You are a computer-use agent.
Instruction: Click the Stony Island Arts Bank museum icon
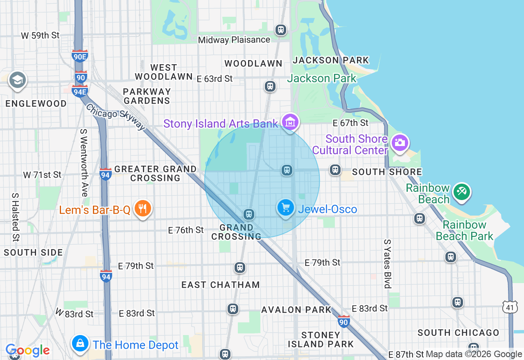[x=290, y=122]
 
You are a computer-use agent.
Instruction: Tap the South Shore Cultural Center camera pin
[x=400, y=143]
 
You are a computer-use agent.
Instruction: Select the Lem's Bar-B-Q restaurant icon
[x=142, y=209]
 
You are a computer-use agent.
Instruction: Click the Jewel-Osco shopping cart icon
[x=286, y=208]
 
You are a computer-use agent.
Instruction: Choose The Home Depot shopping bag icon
[x=80, y=344]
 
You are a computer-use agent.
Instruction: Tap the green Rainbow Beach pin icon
[x=462, y=191]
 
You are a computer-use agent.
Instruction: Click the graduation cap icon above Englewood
[x=17, y=80]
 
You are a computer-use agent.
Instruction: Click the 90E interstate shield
[x=79, y=56]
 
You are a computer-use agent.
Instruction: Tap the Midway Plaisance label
[x=234, y=40]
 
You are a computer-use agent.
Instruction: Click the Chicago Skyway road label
[x=116, y=117]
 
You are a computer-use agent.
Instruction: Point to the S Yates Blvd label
[x=387, y=264]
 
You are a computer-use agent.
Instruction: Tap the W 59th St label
[x=40, y=36]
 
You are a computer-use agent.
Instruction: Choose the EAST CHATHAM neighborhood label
[x=220, y=285]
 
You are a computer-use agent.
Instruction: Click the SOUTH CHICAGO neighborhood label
[x=458, y=333]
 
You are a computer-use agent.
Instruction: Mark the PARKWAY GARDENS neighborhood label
[x=147, y=96]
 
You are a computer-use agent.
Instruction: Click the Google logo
[x=28, y=350]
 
